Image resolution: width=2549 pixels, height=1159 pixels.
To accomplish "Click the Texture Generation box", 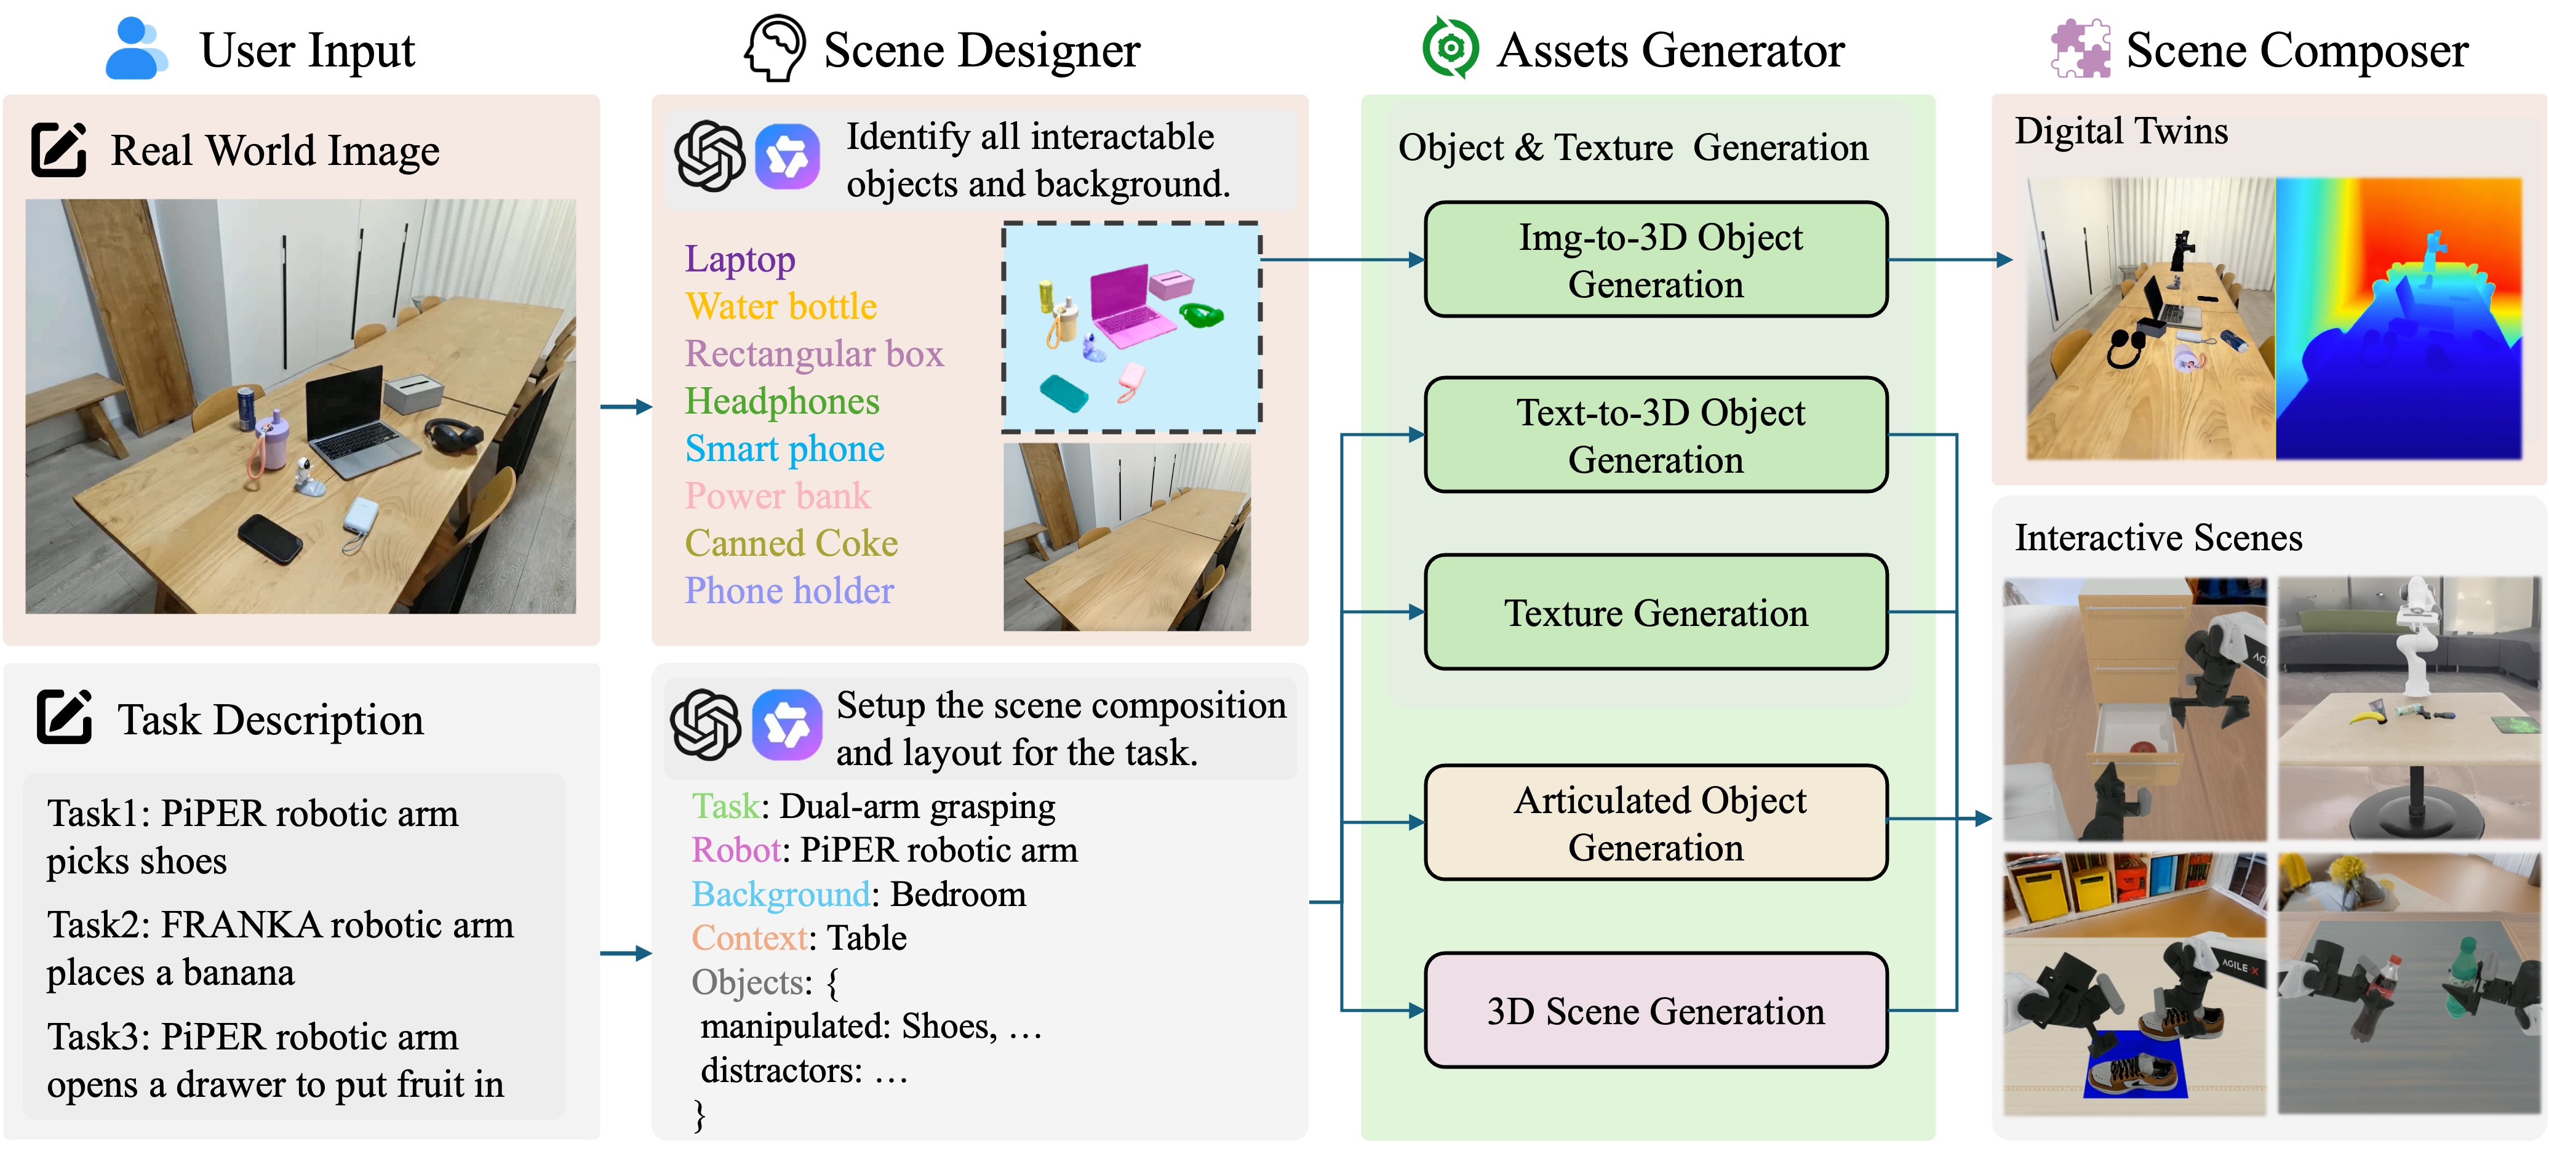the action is [1656, 612].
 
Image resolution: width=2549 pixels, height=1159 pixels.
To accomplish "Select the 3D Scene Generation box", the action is [1656, 1011].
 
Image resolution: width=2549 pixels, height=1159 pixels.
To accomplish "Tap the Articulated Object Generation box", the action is [1656, 822].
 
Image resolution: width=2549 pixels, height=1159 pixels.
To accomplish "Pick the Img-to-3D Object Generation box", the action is [1656, 259].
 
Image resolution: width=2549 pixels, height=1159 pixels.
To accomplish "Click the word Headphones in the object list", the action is [782, 401].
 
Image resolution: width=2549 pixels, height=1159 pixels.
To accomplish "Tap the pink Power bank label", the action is [778, 495].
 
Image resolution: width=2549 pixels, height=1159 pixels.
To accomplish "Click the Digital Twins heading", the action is [2121, 130].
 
